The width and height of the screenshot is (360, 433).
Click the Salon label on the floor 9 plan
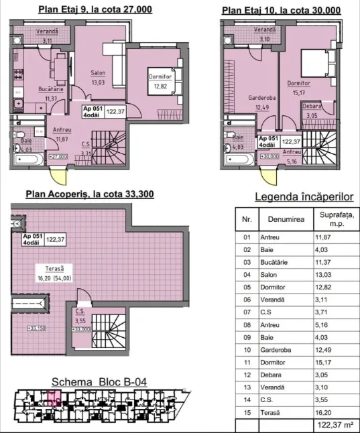[98, 73]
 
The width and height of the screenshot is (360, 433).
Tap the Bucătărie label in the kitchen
[51, 89]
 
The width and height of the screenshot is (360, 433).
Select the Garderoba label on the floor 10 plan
[261, 98]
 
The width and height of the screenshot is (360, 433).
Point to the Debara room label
[312, 107]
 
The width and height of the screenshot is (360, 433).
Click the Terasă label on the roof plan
[54, 268]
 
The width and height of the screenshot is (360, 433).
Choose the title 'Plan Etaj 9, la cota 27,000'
[95, 9]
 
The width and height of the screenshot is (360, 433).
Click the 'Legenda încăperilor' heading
[304, 197]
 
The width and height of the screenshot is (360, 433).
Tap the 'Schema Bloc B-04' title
[99, 382]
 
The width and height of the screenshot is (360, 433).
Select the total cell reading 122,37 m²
[336, 425]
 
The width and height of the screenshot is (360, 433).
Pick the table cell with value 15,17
[323, 363]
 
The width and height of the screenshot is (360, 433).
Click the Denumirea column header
[286, 219]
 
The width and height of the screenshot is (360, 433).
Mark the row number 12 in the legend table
[247, 375]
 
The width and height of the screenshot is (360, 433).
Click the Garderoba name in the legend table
[276, 350]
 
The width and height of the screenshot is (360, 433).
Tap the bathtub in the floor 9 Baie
[29, 160]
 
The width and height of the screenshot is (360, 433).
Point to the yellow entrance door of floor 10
[269, 177]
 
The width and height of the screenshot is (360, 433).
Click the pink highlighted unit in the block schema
[54, 398]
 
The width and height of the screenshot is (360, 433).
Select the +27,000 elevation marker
[58, 157]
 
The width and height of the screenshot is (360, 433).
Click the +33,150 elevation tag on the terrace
[36, 328]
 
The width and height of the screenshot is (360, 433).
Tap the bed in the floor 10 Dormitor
[318, 63]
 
